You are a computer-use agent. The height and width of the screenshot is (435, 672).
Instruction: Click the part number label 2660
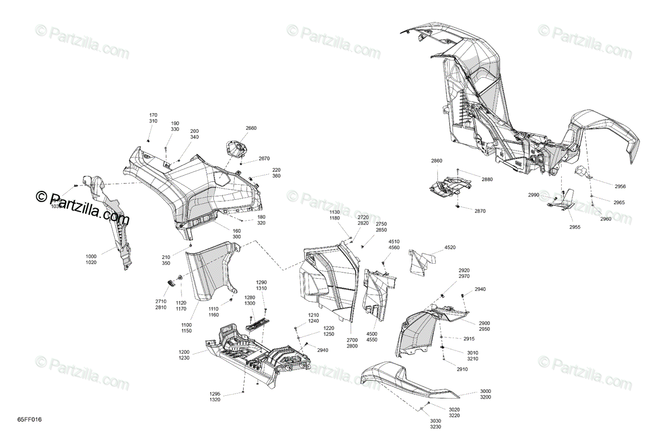251,128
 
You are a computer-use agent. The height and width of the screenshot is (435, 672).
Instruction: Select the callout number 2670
264,158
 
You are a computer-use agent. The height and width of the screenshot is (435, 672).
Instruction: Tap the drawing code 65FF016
30,419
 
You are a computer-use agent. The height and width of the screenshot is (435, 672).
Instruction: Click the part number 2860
436,161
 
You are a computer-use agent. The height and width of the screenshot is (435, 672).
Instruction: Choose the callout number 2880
487,179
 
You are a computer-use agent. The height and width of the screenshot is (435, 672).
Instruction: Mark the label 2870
480,211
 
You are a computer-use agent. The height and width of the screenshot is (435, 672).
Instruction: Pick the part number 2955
575,227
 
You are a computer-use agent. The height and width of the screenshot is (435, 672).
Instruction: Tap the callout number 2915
469,339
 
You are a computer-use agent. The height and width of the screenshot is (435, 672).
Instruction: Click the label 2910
462,369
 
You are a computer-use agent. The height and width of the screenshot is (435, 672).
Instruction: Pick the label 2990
533,195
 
